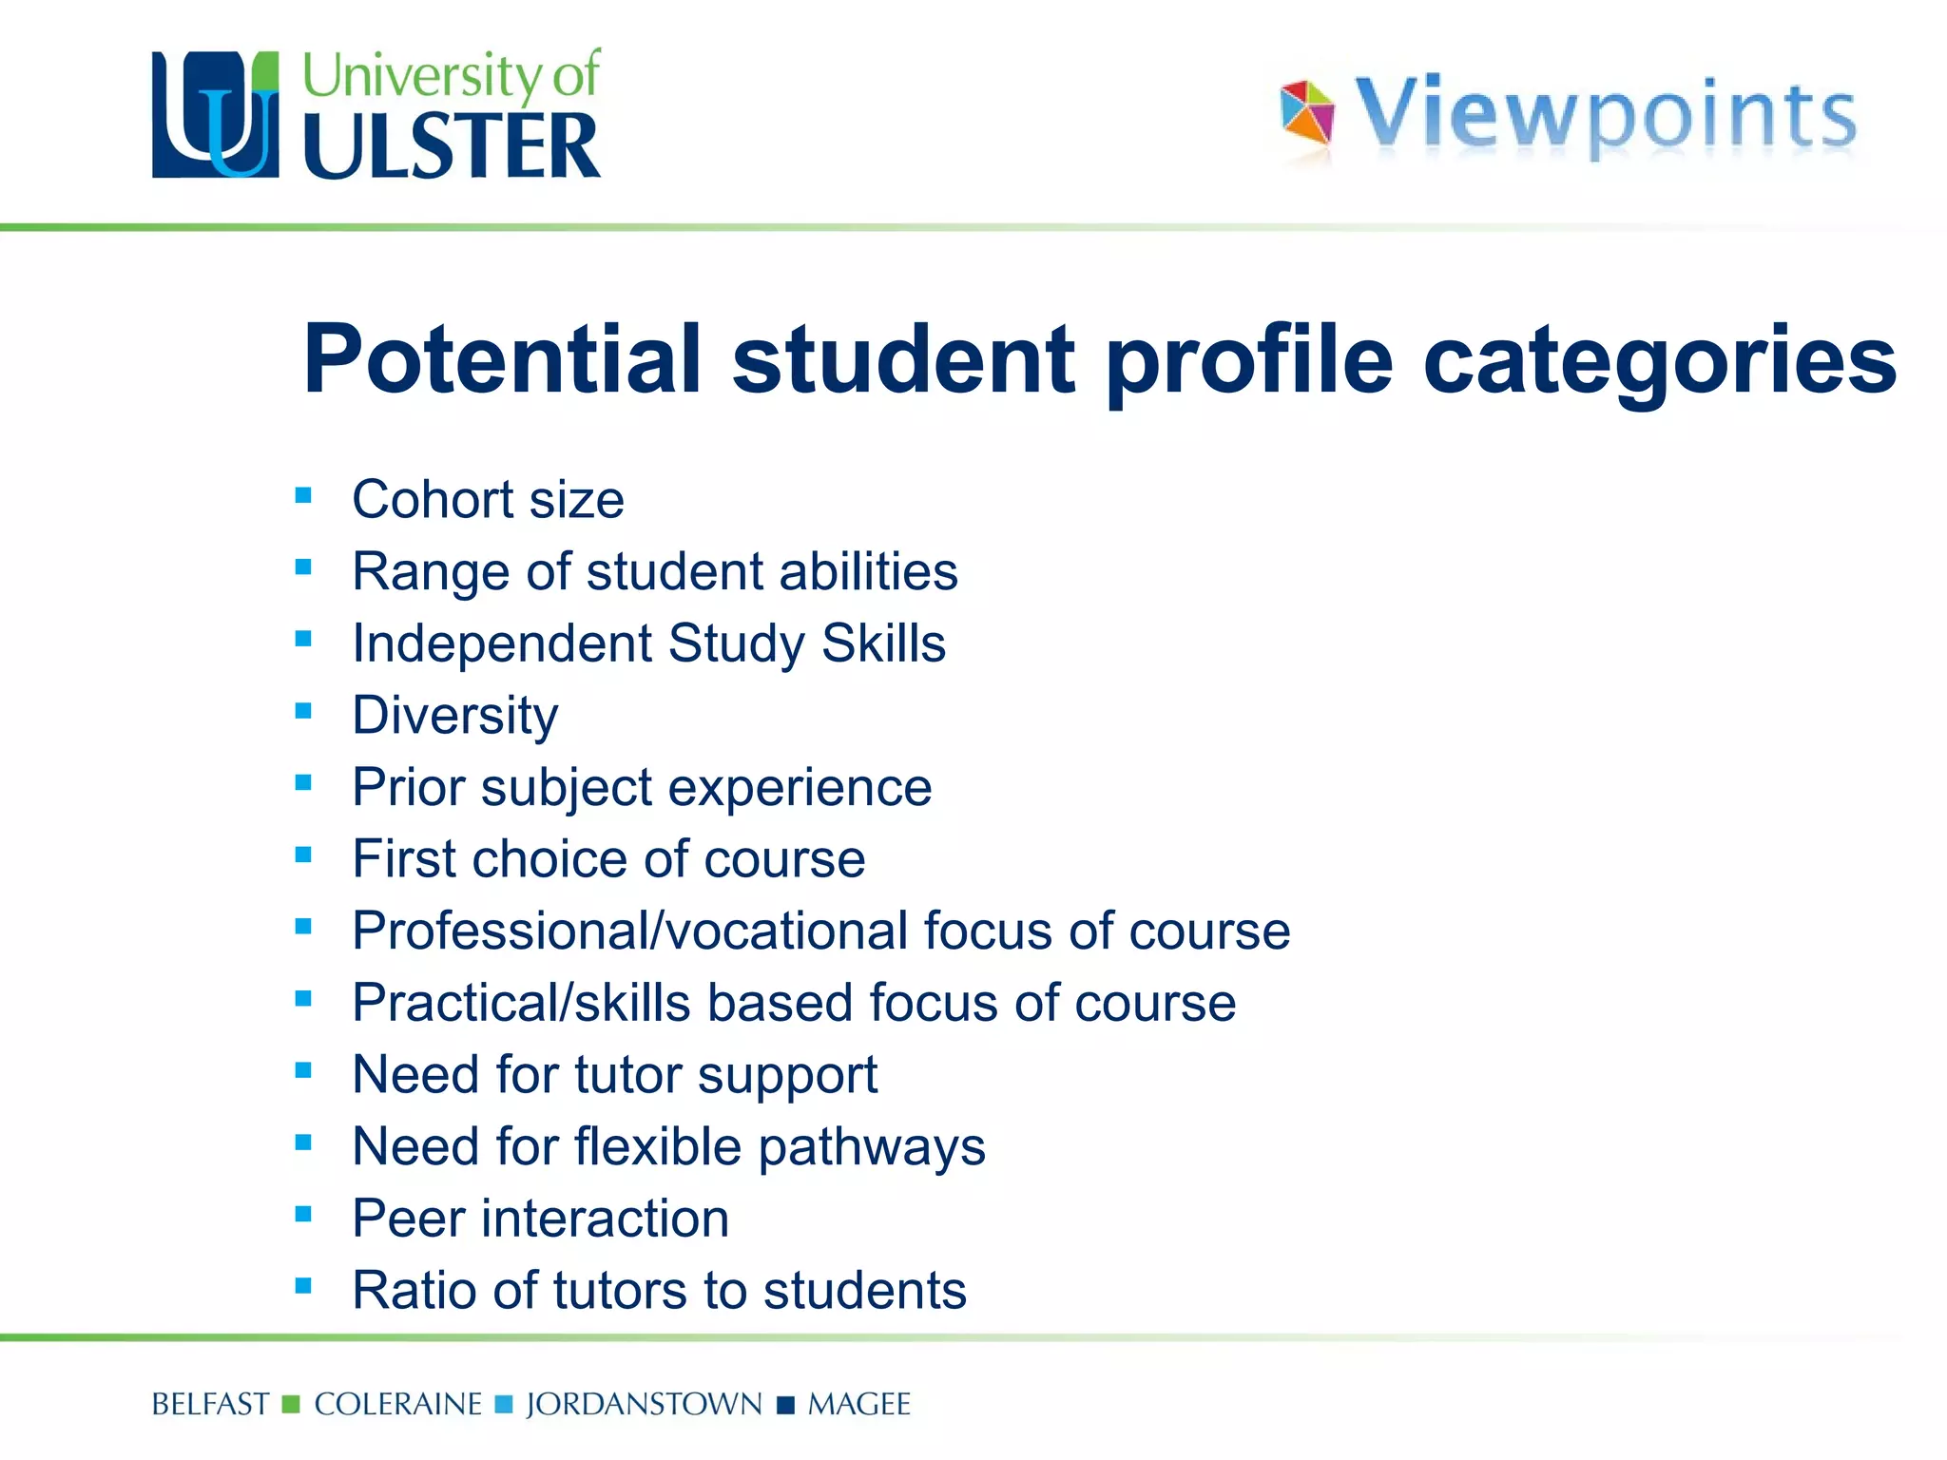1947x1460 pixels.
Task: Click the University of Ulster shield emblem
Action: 216,115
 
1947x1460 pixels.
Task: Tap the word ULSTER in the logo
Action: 452,146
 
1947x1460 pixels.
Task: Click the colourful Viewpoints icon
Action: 1307,113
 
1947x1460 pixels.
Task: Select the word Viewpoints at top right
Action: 1605,115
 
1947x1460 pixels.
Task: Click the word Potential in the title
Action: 502,359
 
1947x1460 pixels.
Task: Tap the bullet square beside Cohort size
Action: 303,495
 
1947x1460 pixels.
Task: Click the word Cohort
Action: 433,499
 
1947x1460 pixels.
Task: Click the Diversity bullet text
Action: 455,716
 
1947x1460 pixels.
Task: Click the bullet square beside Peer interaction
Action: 303,1214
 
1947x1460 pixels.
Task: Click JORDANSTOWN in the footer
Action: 644,1404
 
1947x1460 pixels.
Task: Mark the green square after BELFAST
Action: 292,1404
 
